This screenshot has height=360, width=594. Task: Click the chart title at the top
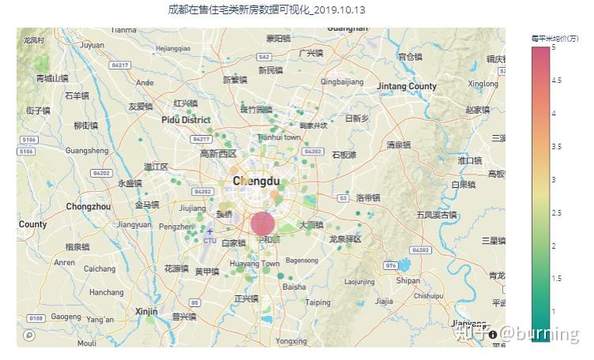point(267,9)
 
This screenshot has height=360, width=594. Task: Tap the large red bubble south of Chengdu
point(264,223)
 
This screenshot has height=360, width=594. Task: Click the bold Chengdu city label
point(258,182)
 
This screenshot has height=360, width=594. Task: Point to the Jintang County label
point(407,86)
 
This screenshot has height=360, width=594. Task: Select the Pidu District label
point(186,120)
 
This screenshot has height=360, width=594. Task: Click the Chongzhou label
point(88,207)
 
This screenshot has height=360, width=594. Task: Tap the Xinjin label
point(146,311)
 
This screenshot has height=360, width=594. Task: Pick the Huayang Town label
point(254,264)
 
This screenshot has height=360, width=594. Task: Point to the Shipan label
point(408,280)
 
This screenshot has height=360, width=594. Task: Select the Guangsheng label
point(86,150)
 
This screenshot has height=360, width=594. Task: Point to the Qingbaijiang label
point(342,81)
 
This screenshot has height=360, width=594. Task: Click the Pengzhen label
point(175,227)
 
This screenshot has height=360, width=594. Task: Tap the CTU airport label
point(209,240)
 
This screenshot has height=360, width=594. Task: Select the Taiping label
point(318,302)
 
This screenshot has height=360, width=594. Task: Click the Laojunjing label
point(359,281)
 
